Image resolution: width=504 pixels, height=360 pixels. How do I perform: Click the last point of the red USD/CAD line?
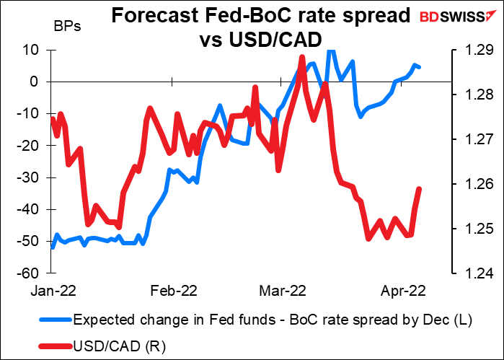pyautogui.click(x=420, y=189)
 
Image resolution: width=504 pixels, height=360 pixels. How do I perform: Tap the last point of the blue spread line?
pyautogui.click(x=420, y=68)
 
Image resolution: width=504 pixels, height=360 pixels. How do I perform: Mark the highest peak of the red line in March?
pyautogui.click(x=301, y=57)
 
